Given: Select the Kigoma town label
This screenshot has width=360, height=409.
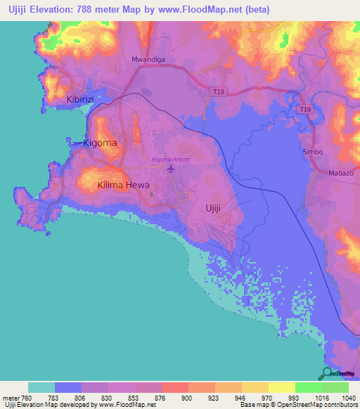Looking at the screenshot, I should [100, 143].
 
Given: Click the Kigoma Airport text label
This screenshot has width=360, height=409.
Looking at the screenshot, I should [171, 160].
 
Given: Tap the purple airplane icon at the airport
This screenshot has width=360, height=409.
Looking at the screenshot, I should [169, 169].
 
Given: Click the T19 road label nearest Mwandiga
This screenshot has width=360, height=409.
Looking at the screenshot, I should [219, 91].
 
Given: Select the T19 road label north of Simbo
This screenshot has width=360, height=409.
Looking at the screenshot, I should [304, 110].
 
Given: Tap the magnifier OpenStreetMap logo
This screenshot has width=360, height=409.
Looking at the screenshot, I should [327, 374].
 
